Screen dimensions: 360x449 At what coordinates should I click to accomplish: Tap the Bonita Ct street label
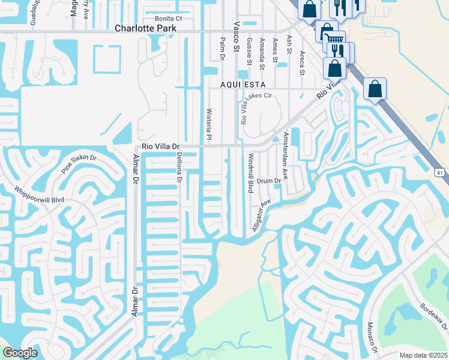pyautogui.click(x=168, y=19)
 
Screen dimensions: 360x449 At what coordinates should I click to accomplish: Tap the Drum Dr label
pyautogui.click(x=269, y=181)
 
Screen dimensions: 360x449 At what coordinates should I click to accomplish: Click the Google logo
pyautogui.click(x=20, y=352)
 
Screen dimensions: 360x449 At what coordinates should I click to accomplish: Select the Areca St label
pyautogui.click(x=303, y=64)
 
